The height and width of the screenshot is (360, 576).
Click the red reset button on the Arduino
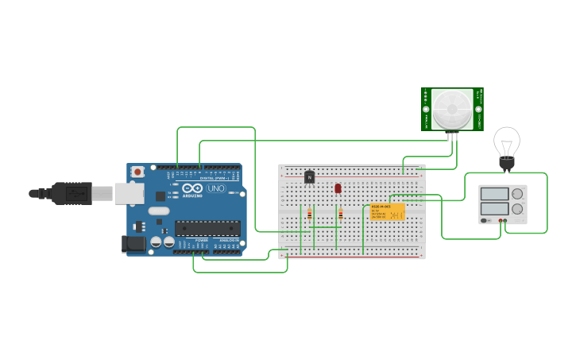(138, 171)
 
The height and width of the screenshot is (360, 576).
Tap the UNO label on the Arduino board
(216, 188)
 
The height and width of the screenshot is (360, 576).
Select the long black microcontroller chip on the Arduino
(207, 228)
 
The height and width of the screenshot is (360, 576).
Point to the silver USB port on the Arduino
(130, 193)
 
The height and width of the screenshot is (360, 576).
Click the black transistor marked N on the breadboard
(309, 176)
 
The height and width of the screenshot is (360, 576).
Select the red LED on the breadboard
(338, 188)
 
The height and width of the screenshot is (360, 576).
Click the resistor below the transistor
(309, 213)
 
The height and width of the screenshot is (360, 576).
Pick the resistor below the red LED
(340, 213)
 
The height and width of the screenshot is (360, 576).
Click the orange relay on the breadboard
(387, 211)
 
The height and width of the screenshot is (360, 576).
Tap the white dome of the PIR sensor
(452, 109)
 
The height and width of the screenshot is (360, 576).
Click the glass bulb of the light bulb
(506, 142)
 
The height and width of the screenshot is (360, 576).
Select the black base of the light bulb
(506, 165)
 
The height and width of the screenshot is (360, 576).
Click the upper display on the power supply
(494, 193)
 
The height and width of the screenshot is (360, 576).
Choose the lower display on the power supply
(494, 208)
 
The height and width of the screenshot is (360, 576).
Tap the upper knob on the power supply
(517, 193)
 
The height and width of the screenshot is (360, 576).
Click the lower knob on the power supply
(517, 208)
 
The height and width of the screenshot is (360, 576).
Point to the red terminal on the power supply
(501, 221)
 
